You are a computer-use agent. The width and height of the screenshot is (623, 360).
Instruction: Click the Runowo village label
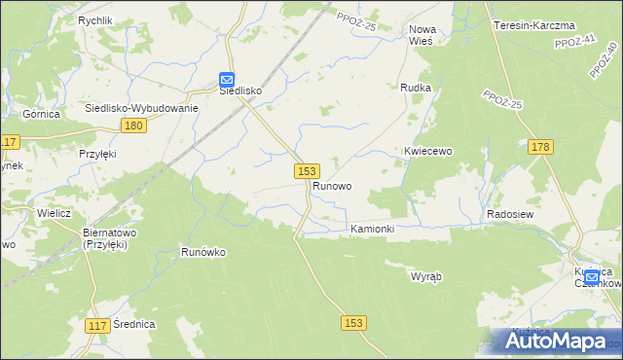[332, 185]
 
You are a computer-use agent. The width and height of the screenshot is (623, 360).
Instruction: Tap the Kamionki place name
[372, 229]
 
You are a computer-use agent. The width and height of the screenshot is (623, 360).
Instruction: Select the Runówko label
[203, 252]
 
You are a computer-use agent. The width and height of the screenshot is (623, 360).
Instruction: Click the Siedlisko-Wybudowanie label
[142, 108]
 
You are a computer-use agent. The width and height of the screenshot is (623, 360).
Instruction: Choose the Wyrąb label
[426, 276]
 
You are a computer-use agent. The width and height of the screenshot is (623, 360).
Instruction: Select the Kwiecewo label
[429, 152]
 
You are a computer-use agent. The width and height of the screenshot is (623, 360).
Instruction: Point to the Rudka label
[416, 88]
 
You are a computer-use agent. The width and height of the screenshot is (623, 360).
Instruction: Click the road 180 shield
[134, 126]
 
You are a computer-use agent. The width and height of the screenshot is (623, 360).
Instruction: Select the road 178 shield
[542, 147]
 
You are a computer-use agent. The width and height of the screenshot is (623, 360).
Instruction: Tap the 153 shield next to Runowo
[306, 170]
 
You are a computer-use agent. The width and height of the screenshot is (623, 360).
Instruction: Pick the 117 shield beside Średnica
[96, 326]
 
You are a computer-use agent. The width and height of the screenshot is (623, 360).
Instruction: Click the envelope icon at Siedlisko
[226, 79]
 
